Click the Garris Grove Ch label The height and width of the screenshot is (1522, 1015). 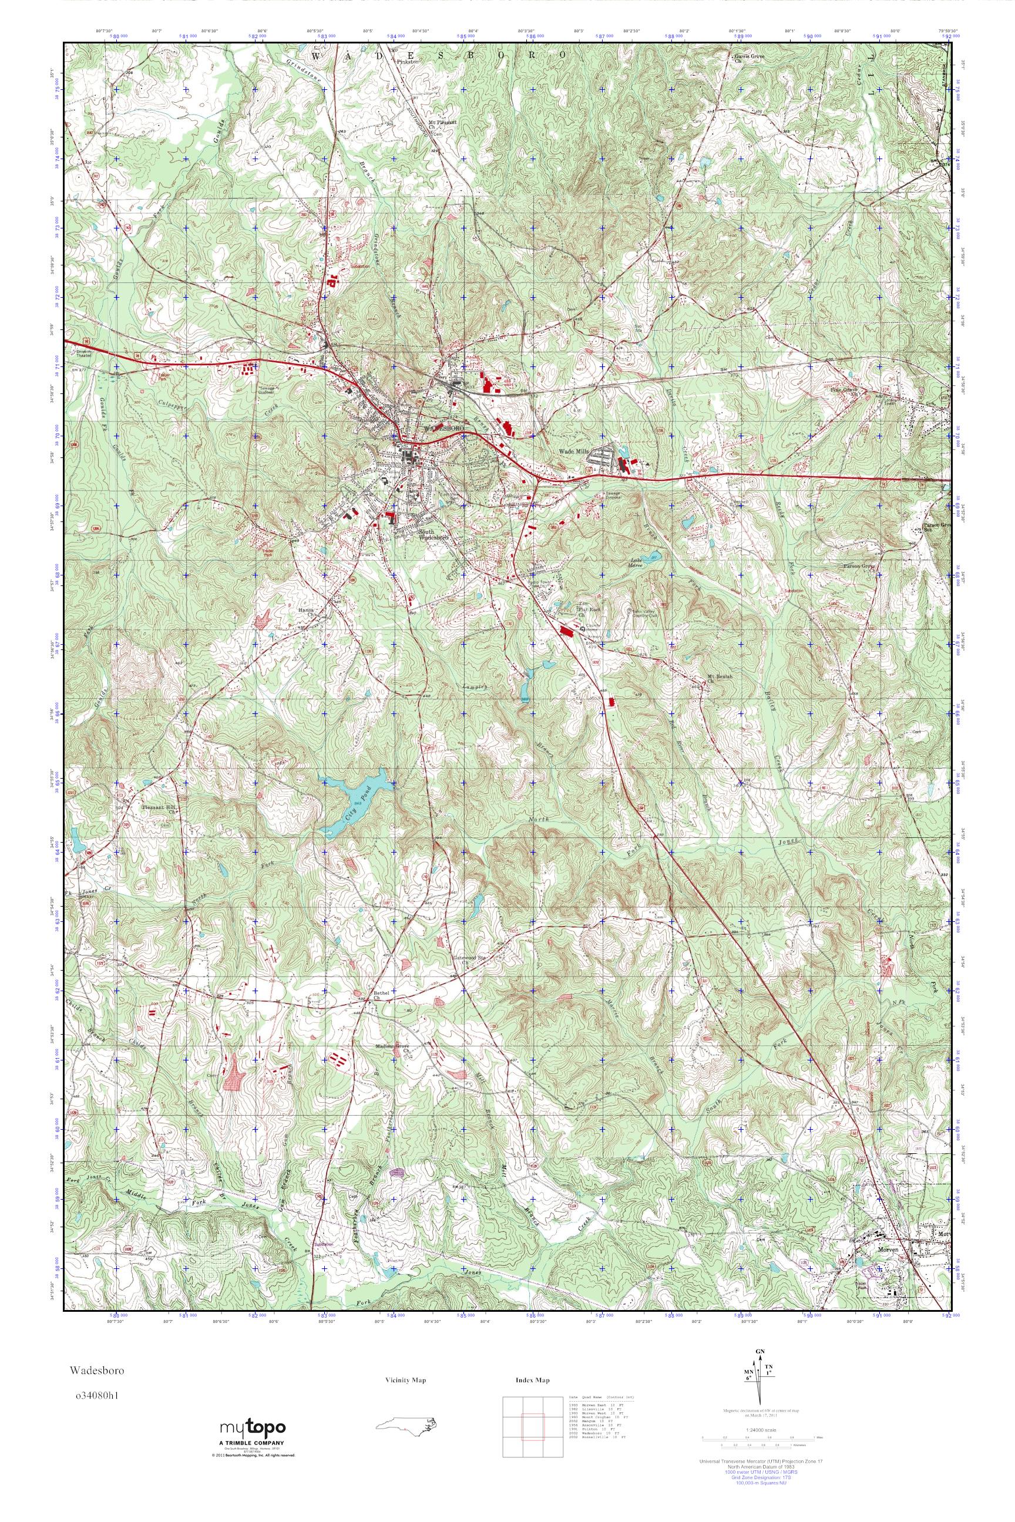(x=750, y=57)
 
